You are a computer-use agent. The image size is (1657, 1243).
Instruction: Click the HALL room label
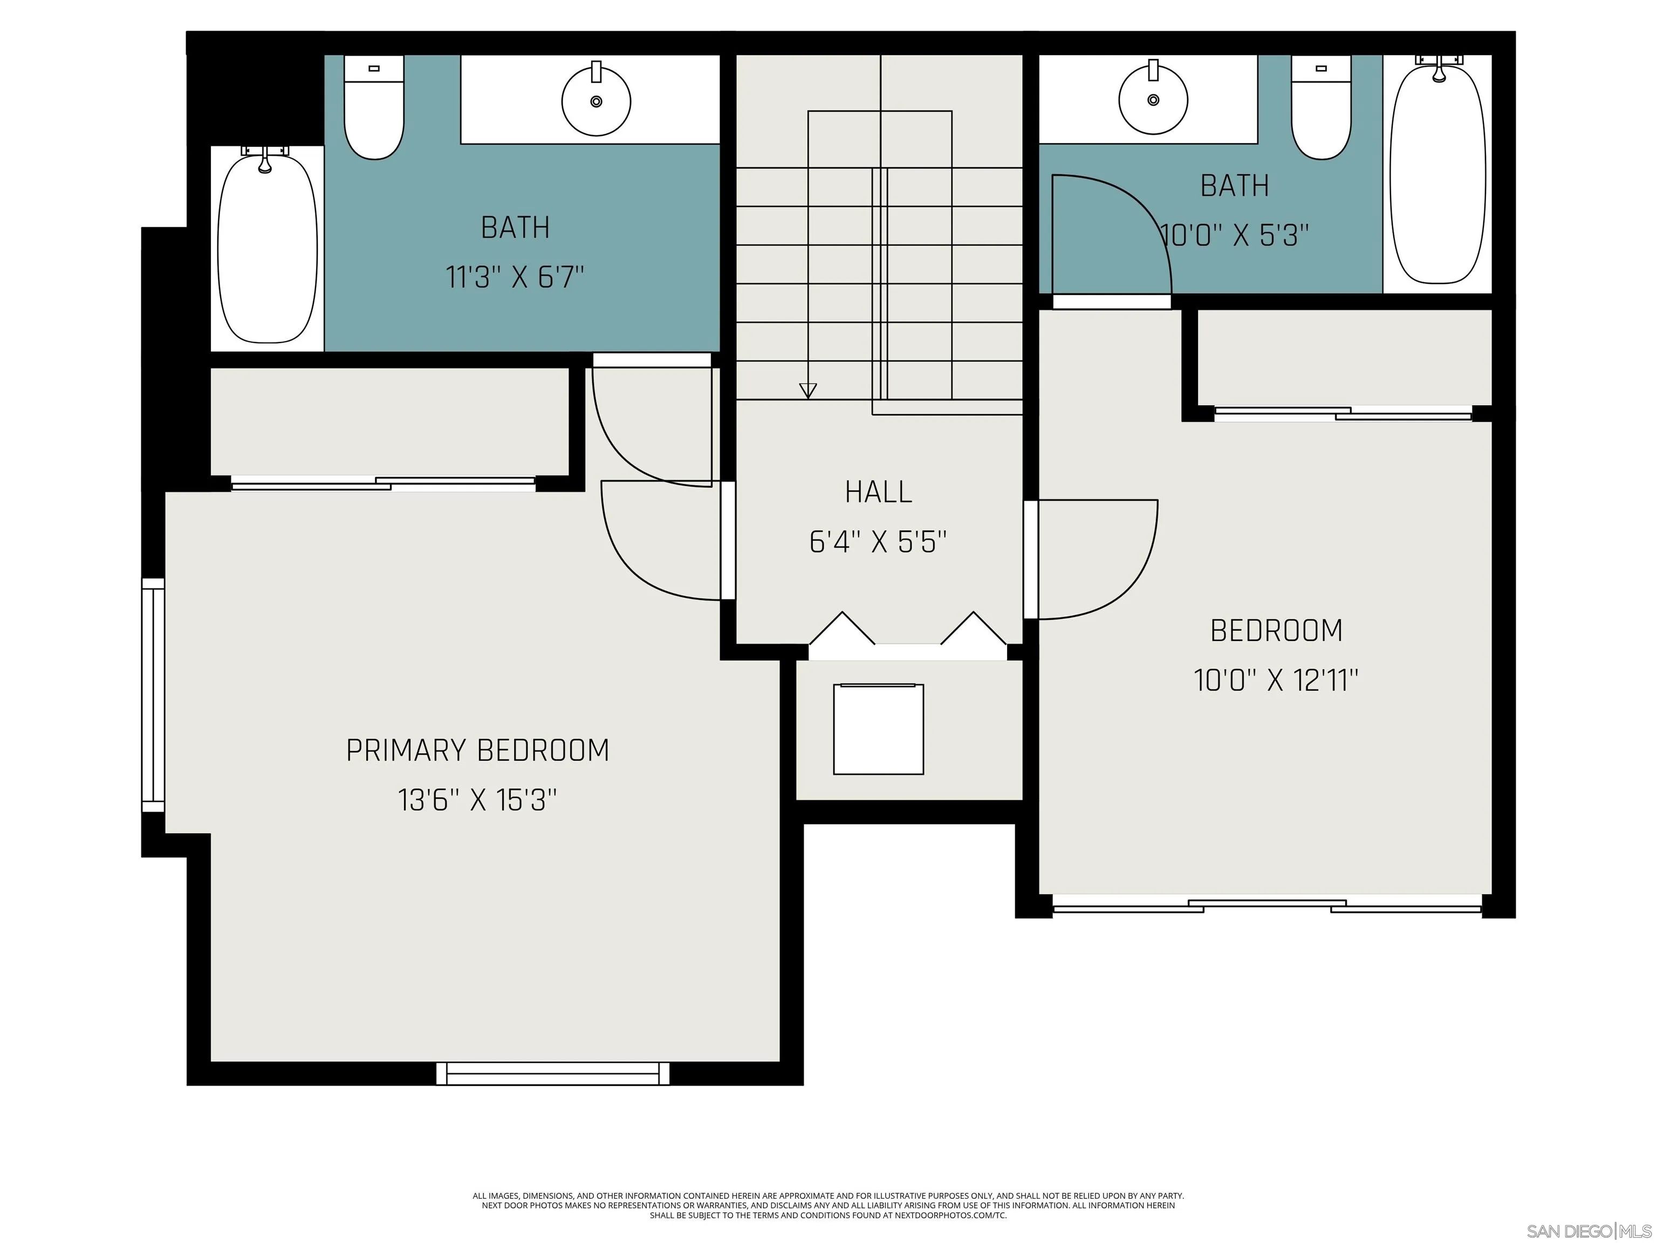(878, 492)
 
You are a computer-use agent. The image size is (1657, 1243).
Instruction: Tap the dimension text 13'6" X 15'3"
(477, 800)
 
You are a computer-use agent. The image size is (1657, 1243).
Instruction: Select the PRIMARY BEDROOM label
(477, 750)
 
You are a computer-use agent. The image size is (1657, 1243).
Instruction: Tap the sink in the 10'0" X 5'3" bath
(1152, 99)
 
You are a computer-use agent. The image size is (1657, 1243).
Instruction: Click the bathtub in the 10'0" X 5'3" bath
(1437, 174)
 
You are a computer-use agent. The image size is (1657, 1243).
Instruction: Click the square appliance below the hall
(878, 729)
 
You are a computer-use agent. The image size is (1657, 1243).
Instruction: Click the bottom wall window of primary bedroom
(553, 1074)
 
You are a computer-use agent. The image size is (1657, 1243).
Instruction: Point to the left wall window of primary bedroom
(153, 694)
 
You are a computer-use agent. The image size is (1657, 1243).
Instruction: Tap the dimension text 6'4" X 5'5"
(878, 542)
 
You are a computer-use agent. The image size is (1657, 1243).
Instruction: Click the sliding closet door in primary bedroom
(383, 483)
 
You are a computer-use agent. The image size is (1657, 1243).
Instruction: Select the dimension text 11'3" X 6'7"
(515, 277)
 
